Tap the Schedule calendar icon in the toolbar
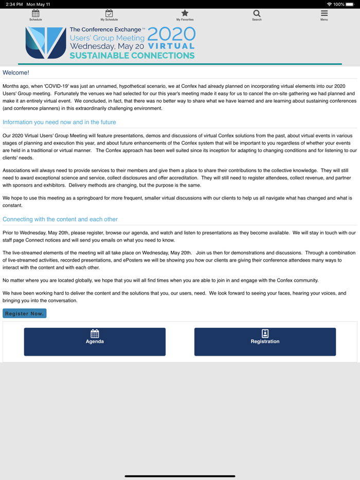point(35,14)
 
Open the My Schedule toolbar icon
point(109,14)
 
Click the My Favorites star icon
point(185,14)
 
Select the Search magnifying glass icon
point(257,14)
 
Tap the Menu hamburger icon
point(324,14)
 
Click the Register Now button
point(25,313)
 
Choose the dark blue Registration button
point(265,342)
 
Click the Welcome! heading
point(16,73)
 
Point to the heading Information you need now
point(59,122)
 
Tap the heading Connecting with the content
point(60,219)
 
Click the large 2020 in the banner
point(171,34)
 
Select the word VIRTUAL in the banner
point(171,46)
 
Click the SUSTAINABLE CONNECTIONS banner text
point(132,56)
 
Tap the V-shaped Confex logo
point(46,43)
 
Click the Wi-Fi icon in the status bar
point(329,4)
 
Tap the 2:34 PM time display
point(14,4)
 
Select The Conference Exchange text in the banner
point(105,30)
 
